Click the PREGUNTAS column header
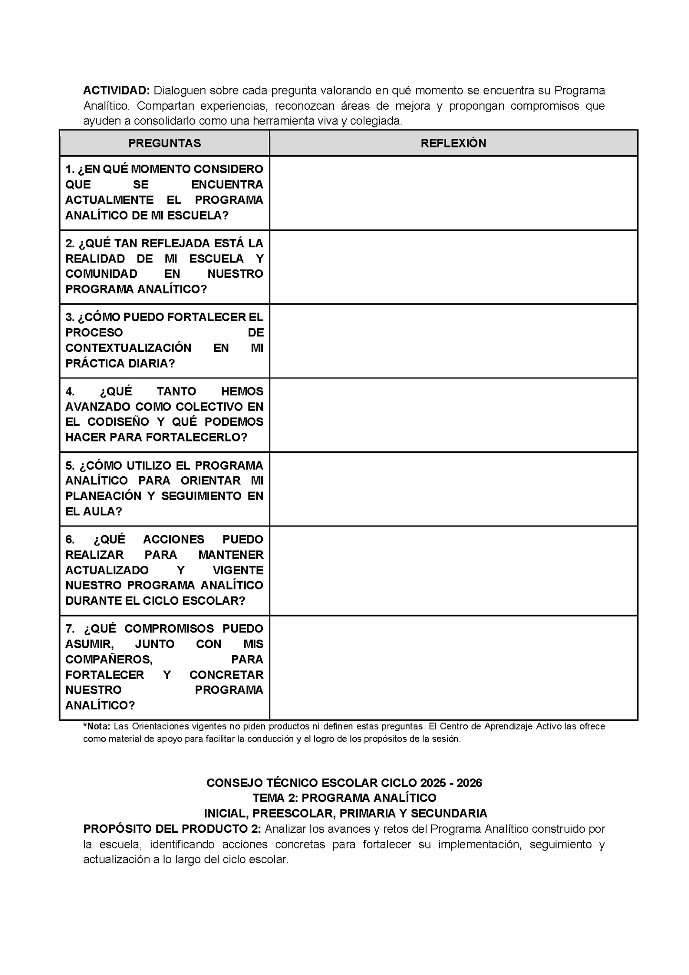pos(165,143)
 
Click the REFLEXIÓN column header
pos(453,143)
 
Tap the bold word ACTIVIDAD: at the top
pos(117,90)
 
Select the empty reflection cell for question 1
pos(453,193)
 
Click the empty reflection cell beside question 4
pos(453,415)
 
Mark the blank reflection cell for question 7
pos(453,667)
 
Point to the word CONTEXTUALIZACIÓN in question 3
pos(128,348)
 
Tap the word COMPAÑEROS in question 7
pos(109,660)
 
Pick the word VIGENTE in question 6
pos(238,570)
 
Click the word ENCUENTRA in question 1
pos(227,185)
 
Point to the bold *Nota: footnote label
pos(97,726)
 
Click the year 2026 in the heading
pos(469,783)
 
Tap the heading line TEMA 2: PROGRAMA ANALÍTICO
pos(344,798)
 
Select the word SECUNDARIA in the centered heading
pos(449,813)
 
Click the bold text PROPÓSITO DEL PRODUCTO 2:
pos(172,829)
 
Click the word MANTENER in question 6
pos(231,555)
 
